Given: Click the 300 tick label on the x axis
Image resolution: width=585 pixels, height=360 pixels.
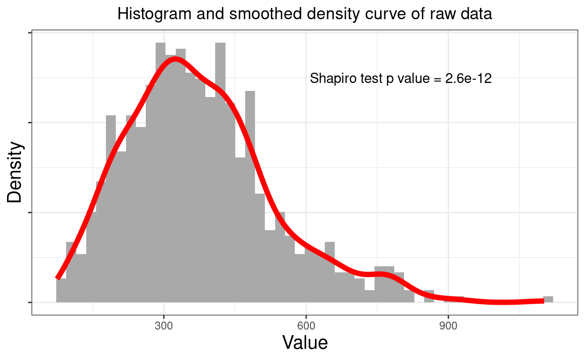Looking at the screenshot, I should (x=164, y=326).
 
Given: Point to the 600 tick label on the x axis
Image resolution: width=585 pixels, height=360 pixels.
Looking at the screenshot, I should (x=306, y=326).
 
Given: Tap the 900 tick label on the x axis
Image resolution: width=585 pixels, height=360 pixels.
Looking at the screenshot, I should (x=448, y=326).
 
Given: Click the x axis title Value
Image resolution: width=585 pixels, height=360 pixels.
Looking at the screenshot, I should (x=305, y=343).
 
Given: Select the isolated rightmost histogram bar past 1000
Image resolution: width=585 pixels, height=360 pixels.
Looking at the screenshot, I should (x=548, y=299).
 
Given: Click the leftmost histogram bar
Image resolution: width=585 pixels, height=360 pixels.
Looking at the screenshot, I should (x=61, y=291).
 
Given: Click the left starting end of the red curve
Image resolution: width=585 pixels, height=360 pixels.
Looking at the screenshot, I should (x=58, y=277).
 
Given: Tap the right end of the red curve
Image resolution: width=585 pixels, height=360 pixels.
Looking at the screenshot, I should (x=543, y=300).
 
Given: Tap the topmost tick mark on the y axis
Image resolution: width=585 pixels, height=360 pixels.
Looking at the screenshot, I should (x=30, y=33).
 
